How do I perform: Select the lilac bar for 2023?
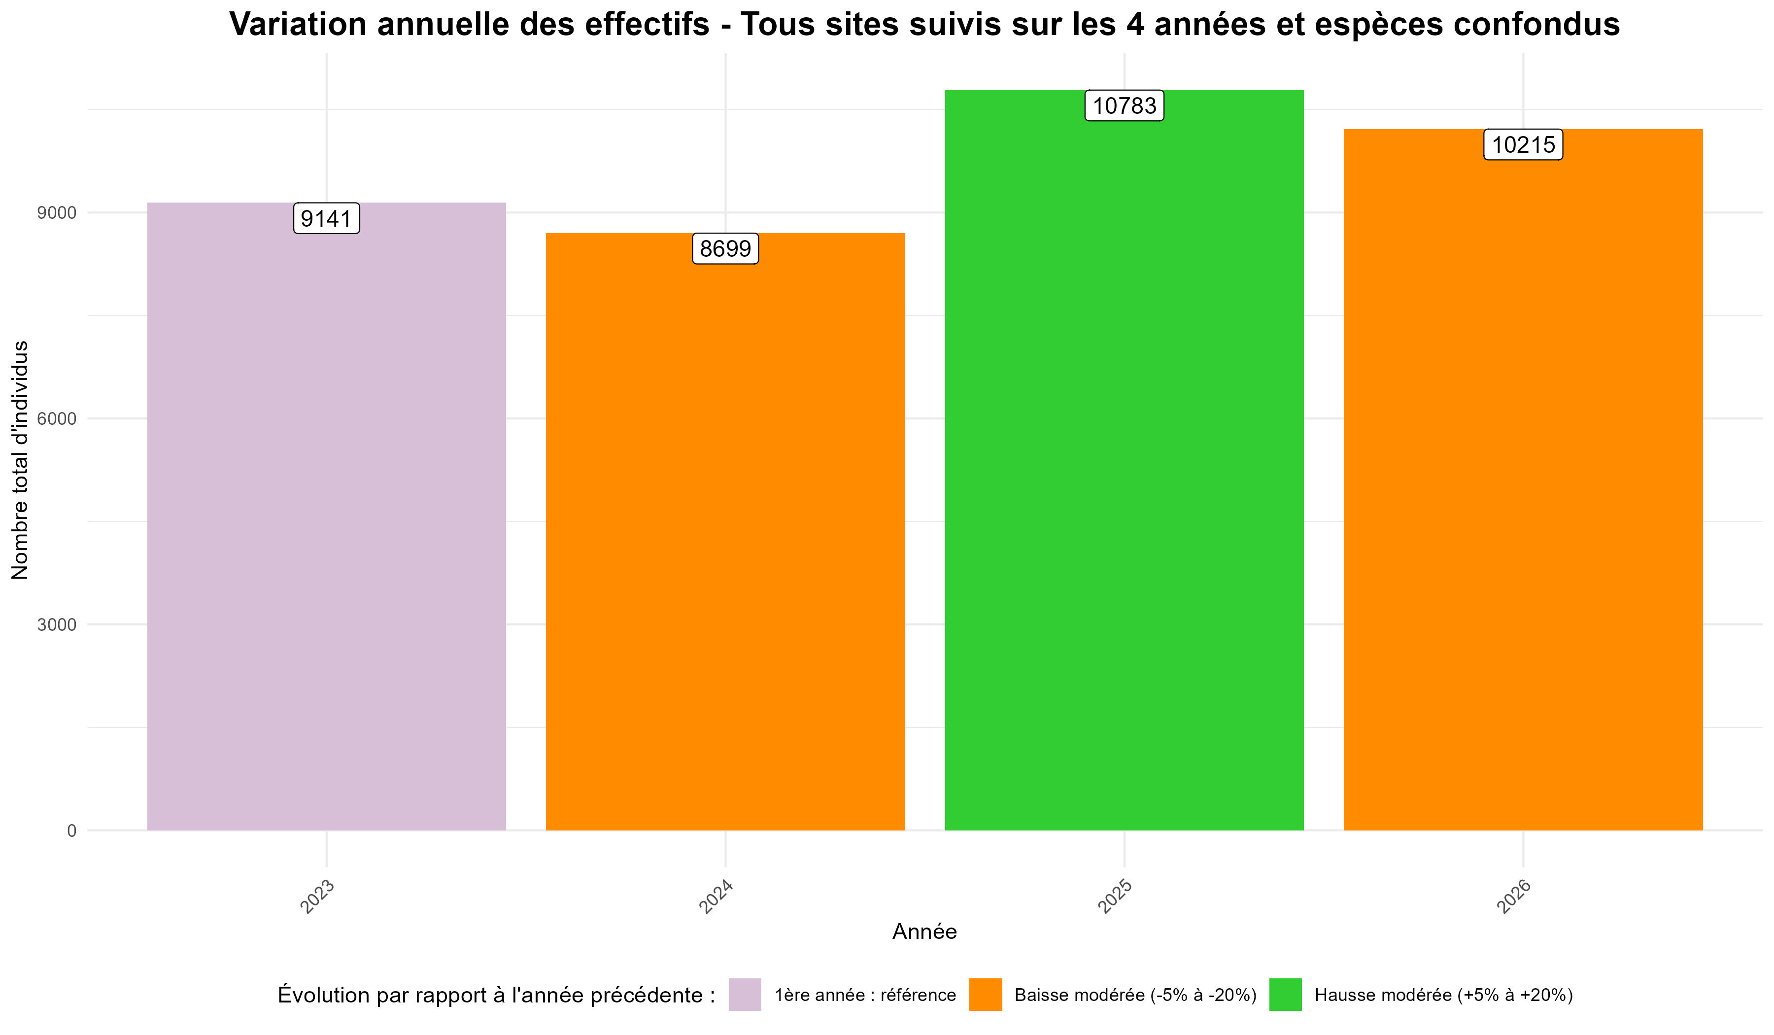[x=326, y=521]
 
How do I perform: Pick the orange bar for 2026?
[x=1523, y=486]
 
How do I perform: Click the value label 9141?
[x=326, y=218]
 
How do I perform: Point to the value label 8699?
[x=725, y=248]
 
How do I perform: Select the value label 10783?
[x=1124, y=105]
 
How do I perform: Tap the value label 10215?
[x=1523, y=145]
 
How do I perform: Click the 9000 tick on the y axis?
[x=56, y=212]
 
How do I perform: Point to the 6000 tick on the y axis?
[x=56, y=419]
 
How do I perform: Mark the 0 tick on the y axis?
[x=71, y=831]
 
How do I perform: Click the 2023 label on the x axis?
[x=317, y=897]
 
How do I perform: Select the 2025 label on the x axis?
[x=1115, y=897]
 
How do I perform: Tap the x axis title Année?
[x=924, y=931]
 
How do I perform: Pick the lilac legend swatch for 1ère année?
[x=745, y=994]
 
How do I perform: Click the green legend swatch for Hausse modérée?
[x=1286, y=994]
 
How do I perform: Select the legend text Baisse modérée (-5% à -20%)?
[x=1135, y=995]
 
